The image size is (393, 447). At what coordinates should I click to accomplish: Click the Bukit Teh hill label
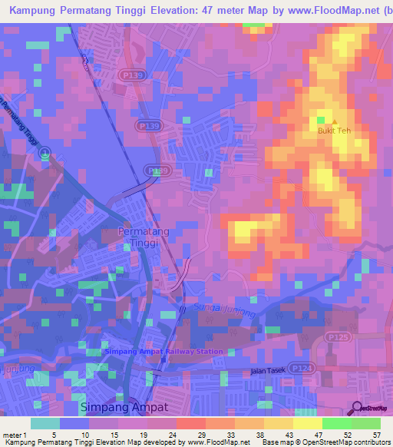point(334,131)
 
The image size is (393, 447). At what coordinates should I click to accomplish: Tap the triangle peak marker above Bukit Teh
point(334,121)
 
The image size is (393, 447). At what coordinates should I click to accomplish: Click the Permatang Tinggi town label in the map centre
point(139,237)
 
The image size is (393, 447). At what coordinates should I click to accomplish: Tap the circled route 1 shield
point(45,153)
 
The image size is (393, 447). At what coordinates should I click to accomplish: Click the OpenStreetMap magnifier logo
point(358,408)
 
